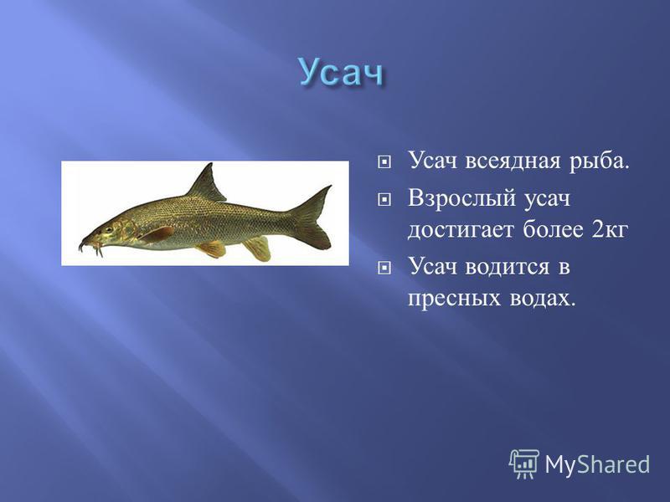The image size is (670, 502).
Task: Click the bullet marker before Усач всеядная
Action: coord(384,162)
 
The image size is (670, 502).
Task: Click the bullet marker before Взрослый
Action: coord(384,198)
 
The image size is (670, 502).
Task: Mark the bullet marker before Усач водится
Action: coord(384,268)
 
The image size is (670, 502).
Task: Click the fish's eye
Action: coord(108,229)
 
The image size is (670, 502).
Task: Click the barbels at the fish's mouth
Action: coord(90,247)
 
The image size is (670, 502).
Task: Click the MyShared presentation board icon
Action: coord(524,464)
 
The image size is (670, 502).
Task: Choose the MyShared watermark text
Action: coord(597,464)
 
